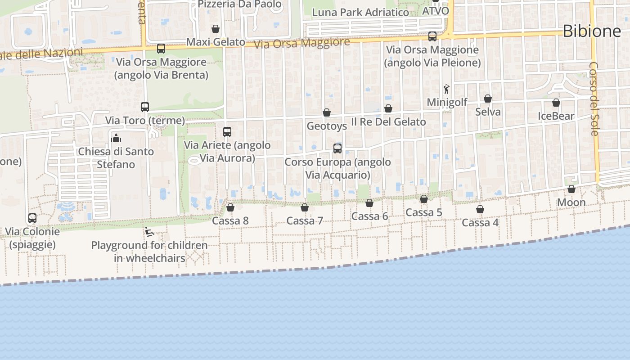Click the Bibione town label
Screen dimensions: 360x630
click(x=591, y=31)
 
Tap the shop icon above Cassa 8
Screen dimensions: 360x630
click(x=230, y=207)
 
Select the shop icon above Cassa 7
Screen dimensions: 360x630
click(x=305, y=207)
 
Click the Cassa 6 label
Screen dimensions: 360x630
click(x=369, y=216)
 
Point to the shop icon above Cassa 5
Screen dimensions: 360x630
click(x=424, y=199)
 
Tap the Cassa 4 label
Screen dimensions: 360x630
click(x=480, y=223)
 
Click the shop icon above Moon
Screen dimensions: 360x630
click(x=571, y=189)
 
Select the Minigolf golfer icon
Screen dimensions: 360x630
click(x=446, y=89)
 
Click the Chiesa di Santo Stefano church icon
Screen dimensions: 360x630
click(x=116, y=138)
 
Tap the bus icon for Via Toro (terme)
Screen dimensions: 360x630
click(x=145, y=107)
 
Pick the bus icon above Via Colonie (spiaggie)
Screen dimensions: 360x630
click(x=32, y=218)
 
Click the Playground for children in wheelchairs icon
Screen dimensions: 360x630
click(x=149, y=232)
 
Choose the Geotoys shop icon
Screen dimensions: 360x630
click(x=327, y=112)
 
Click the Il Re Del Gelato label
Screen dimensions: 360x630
click(x=388, y=122)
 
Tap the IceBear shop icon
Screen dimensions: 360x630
click(x=556, y=103)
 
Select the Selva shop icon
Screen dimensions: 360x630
click(x=488, y=99)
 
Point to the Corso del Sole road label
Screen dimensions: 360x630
click(x=594, y=99)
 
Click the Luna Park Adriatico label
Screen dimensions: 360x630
click(x=360, y=12)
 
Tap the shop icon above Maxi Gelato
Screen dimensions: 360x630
click(x=216, y=29)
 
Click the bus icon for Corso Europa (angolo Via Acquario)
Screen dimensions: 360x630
click(x=337, y=148)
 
